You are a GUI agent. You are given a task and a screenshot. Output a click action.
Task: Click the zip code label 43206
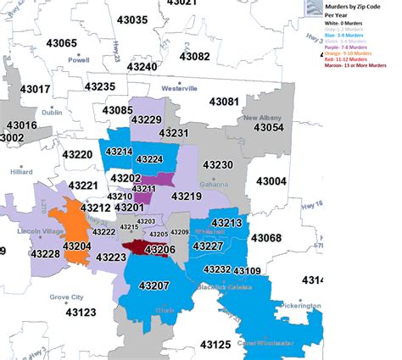coord(159,250)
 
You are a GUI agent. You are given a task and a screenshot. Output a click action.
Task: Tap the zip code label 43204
coord(75,246)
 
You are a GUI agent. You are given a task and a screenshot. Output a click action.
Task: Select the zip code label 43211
coord(142,189)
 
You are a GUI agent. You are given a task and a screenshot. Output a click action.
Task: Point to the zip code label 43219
coord(186,196)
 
